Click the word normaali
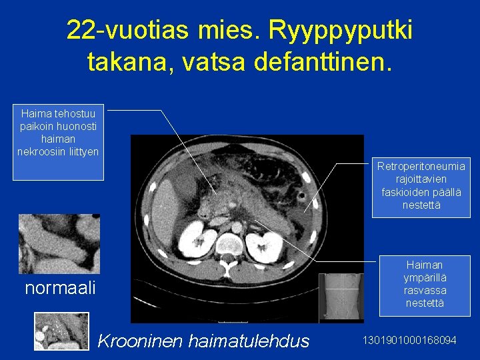60,288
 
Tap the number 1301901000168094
409,341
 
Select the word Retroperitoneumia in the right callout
421,166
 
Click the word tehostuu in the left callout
73,113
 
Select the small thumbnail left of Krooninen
61,331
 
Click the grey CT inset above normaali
59,243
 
